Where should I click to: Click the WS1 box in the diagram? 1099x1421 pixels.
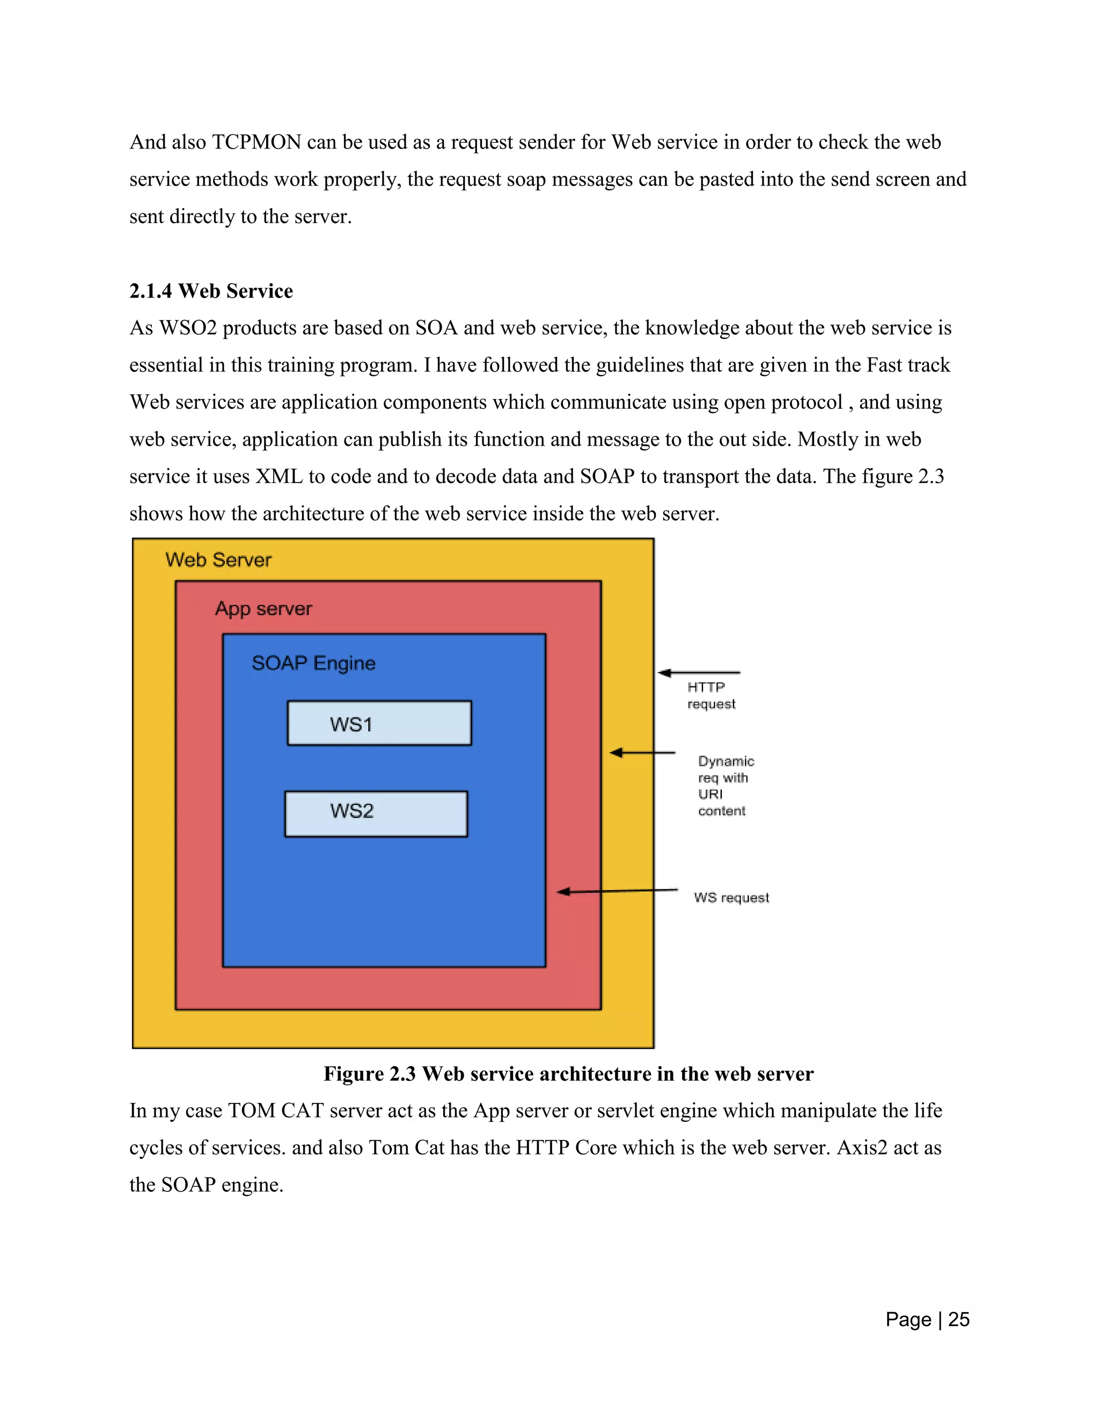(x=379, y=723)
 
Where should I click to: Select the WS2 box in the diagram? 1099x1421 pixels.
(x=376, y=813)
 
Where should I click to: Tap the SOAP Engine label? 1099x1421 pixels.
(x=313, y=663)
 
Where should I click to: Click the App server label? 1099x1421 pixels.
(x=263, y=609)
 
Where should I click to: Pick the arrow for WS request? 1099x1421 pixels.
(x=617, y=891)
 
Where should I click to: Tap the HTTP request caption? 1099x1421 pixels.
(x=710, y=695)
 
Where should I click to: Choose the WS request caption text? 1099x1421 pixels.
(x=731, y=898)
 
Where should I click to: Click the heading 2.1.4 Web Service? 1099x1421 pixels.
(x=211, y=291)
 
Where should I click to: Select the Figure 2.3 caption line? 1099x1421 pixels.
(x=568, y=1074)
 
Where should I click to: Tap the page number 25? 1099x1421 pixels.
(x=958, y=1320)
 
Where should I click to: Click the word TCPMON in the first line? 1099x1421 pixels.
(x=257, y=142)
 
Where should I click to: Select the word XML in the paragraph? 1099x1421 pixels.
(x=279, y=476)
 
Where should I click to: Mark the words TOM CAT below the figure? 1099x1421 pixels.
(x=275, y=1111)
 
